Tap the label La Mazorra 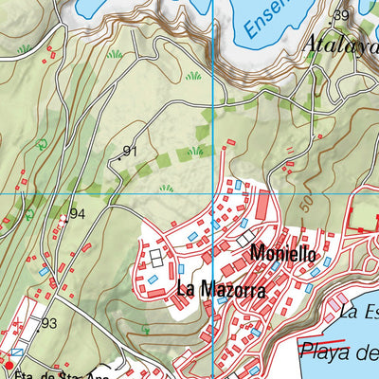[x=220, y=289]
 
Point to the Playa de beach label [x=338, y=353]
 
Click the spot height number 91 [x=131, y=151]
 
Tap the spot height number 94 [x=78, y=214]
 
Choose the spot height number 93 [x=49, y=324]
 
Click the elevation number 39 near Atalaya [x=341, y=15]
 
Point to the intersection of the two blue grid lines [x=211, y=193]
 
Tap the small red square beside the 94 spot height [x=63, y=219]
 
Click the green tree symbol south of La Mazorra [x=145, y=328]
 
